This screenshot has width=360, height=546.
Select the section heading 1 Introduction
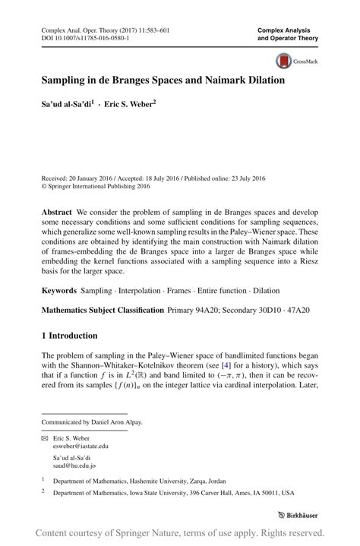[x=69, y=335]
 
